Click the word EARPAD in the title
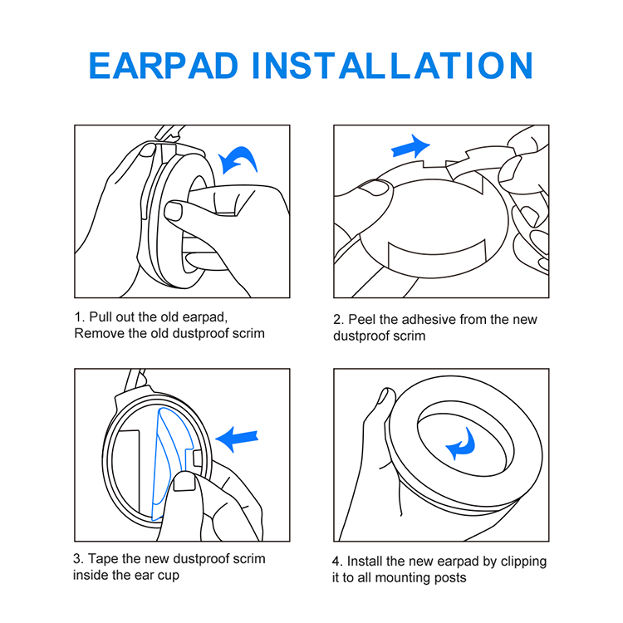pyautogui.click(x=164, y=66)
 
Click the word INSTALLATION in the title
pyautogui.click(x=392, y=66)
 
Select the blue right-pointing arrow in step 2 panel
pyautogui.click(x=410, y=146)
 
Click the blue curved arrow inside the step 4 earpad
pyautogui.click(x=461, y=444)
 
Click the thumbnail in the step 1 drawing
pyautogui.click(x=173, y=211)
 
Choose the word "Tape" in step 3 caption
pyautogui.click(x=103, y=559)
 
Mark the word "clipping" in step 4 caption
pyautogui.click(x=523, y=562)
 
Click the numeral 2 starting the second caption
pyautogui.click(x=337, y=320)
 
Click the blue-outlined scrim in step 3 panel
pyautogui.click(x=172, y=464)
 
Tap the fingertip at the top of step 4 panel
pyautogui.click(x=385, y=395)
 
